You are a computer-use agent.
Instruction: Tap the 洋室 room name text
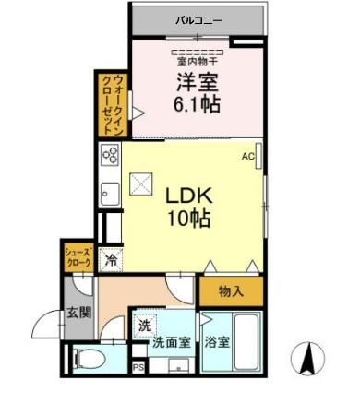click(197, 82)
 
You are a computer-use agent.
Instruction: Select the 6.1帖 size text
click(197, 103)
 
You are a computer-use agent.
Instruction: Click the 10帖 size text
click(188, 219)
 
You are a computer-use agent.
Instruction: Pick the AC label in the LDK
click(247, 157)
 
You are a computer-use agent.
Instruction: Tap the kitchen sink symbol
click(108, 194)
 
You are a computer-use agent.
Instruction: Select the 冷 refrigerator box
click(110, 259)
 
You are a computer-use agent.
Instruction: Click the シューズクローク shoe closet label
click(78, 256)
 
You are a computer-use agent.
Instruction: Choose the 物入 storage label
click(231, 292)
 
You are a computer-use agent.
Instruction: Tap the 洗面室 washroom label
click(173, 342)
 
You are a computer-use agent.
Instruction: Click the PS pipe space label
click(138, 368)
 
